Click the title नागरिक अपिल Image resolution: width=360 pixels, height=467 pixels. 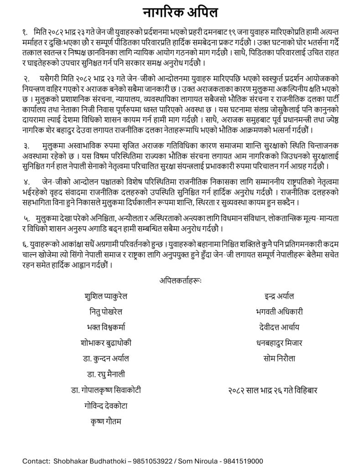tap(180, 12)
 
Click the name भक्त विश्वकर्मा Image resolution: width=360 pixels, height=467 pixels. tap(106, 327)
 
